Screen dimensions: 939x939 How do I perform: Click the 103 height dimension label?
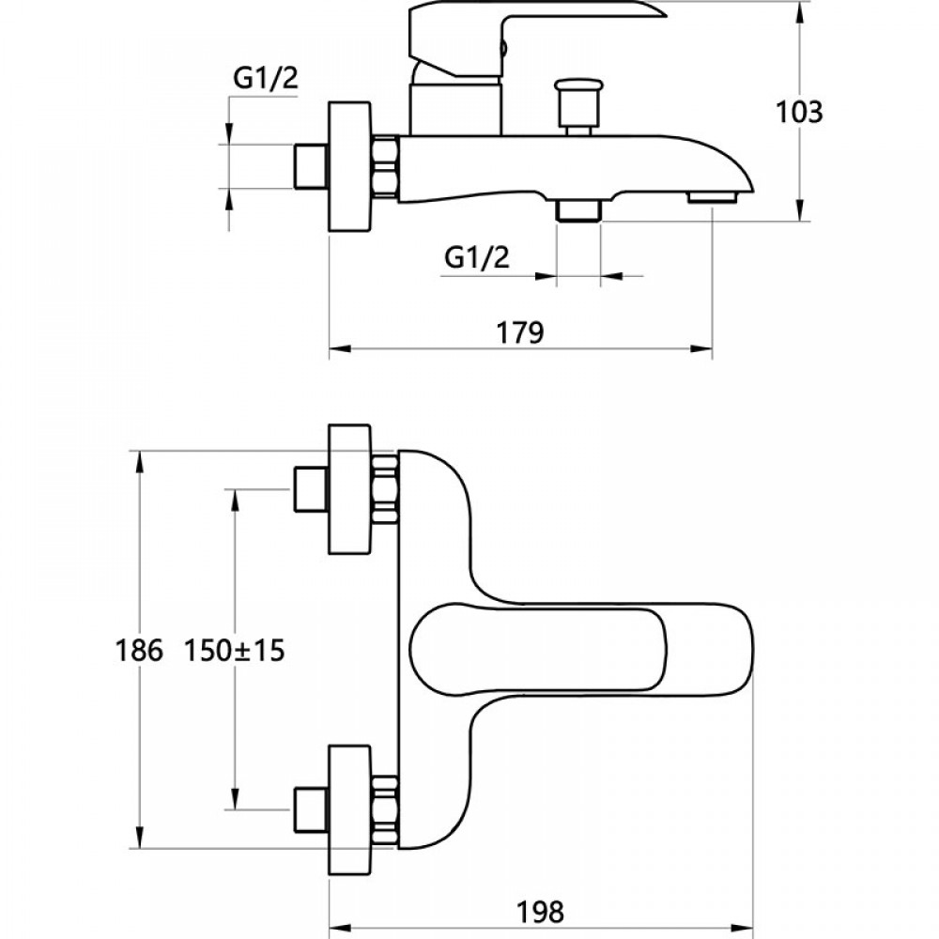coord(799,112)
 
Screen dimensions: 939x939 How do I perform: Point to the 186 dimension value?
coord(139,649)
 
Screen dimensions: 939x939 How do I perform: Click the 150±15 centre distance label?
coord(234,649)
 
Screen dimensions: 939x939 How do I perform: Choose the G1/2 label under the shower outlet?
coord(477,257)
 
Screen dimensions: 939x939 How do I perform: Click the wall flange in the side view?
coord(350,167)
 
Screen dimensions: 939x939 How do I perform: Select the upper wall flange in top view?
coord(348,488)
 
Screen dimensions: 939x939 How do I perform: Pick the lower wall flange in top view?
coord(348,805)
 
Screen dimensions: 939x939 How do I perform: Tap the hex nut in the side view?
coord(387,167)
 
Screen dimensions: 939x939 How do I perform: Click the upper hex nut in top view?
coord(385,488)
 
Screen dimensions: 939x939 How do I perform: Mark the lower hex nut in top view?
coord(385,805)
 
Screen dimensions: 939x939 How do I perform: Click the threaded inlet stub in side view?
coord(309,167)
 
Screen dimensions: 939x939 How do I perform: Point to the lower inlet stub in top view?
coord(309,805)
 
